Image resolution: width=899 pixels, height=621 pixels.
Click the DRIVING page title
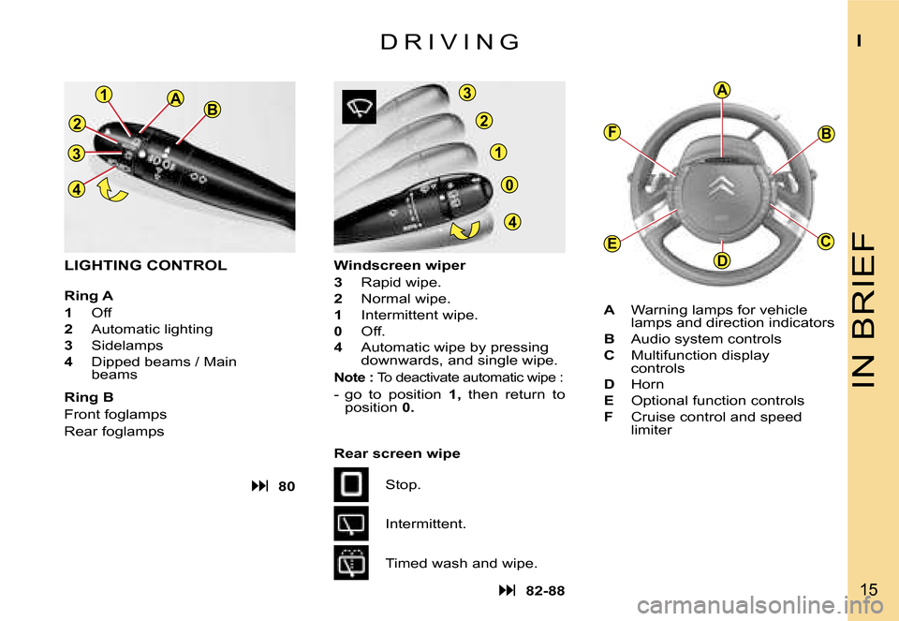click(450, 42)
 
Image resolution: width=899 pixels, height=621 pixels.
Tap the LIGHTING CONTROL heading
click(146, 265)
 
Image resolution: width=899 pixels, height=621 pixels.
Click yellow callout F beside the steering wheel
click(612, 132)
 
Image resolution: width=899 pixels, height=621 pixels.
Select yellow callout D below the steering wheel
click(721, 261)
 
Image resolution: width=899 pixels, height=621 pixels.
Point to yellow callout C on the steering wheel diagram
click(825, 242)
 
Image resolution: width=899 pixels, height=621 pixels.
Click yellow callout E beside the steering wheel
click(612, 244)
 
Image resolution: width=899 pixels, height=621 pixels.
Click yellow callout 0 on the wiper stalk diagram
click(508, 185)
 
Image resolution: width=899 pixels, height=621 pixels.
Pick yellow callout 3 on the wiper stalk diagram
click(467, 93)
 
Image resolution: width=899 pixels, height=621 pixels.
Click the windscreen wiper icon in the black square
click(360, 107)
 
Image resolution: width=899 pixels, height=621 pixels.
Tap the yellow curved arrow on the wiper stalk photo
click(464, 229)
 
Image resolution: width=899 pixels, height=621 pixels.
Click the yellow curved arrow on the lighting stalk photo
click(113, 191)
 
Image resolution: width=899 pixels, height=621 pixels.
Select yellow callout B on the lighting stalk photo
click(212, 110)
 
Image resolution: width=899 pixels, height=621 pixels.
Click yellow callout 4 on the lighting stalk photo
click(76, 188)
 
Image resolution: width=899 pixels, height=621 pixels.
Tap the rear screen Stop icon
click(351, 485)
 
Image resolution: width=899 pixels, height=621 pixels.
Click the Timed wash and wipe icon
click(351, 563)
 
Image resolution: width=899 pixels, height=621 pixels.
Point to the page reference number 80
click(287, 486)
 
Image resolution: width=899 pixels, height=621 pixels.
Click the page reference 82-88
click(545, 591)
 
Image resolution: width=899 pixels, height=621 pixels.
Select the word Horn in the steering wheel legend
click(647, 384)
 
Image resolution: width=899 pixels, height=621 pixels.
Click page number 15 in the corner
click(869, 589)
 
